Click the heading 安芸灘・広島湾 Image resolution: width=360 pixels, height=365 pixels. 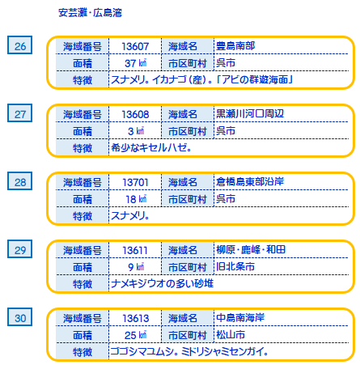(x=90, y=13)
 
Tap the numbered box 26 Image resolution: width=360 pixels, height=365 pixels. (x=19, y=45)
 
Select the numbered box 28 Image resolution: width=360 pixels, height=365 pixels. (x=19, y=181)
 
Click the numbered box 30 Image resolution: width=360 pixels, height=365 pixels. (x=19, y=317)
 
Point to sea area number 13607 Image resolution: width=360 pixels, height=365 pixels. (x=135, y=46)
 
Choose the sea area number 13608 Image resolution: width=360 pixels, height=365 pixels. (x=135, y=114)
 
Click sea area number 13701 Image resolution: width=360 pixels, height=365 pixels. (x=135, y=182)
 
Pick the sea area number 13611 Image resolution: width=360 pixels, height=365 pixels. (x=135, y=250)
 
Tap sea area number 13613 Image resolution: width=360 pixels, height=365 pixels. (x=135, y=318)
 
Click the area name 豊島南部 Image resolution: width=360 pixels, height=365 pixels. (x=235, y=46)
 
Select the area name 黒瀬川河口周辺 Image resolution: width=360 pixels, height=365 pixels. (x=250, y=114)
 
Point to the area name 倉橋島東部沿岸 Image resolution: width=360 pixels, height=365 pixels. (x=250, y=182)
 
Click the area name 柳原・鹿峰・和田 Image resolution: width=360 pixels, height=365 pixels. (x=251, y=250)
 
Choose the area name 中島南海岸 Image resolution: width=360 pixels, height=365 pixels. (x=240, y=318)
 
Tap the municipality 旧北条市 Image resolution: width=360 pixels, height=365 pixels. (x=235, y=267)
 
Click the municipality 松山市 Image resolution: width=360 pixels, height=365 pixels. (x=231, y=335)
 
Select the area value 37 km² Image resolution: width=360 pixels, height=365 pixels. (x=135, y=63)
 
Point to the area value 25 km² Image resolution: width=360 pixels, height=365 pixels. (x=135, y=335)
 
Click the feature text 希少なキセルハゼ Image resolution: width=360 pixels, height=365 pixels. (x=151, y=148)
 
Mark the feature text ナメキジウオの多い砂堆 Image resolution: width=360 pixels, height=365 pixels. (x=163, y=284)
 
